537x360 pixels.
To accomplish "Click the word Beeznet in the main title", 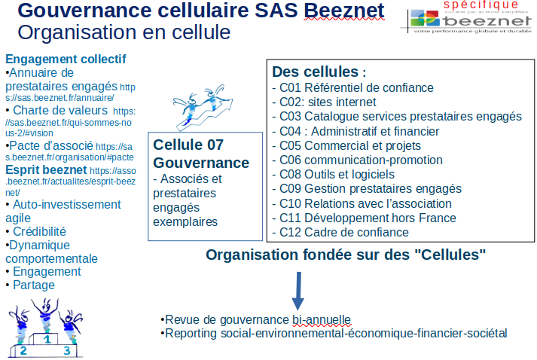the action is coord(344,11).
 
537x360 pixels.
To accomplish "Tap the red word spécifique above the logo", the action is coord(481,5).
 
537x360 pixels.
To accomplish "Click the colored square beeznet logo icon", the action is coord(425,18).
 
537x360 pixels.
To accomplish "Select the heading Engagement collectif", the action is coord(66,59).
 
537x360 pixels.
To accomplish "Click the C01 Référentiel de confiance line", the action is coord(352,87).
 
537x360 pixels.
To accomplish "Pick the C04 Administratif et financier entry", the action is coord(355,131).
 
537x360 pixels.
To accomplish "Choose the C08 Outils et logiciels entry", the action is coord(333,174).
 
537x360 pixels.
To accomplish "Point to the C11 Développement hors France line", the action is coord(364,218).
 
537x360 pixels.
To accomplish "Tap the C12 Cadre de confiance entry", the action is coord(340,232).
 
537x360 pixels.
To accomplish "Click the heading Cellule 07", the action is coord(188,145).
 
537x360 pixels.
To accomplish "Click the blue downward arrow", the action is coord(298,291).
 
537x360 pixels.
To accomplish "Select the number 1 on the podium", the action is coord(47,339).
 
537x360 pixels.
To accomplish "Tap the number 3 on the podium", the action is coord(67,350).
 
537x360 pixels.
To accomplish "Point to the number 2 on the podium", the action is coord(23,350).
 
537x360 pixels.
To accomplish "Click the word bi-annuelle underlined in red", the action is coord(322,319).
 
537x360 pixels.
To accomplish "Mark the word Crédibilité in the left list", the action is coord(39,231).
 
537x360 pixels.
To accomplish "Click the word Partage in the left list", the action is coord(34,285).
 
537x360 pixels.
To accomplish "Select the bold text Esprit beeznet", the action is coord(46,170).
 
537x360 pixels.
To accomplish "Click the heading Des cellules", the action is coord(315,72).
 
